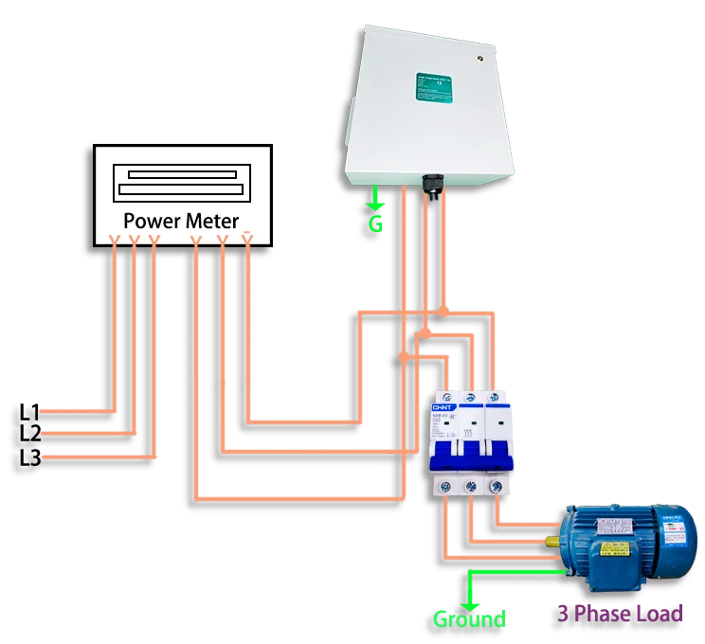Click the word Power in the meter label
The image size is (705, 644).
coord(152,221)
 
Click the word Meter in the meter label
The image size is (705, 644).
coord(212,221)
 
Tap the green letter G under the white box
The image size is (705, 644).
coord(376,224)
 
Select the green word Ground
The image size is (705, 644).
coord(469,619)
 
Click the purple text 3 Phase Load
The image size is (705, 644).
coord(620,613)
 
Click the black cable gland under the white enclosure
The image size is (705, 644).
coord(434,184)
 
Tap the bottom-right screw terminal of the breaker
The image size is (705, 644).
coord(495,485)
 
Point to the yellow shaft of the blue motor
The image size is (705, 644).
coord(553,544)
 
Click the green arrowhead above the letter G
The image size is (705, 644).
coord(376,203)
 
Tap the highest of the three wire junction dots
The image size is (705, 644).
coord(443,311)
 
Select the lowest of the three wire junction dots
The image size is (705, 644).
coord(404,357)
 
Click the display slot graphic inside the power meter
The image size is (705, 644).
coord(183,182)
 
